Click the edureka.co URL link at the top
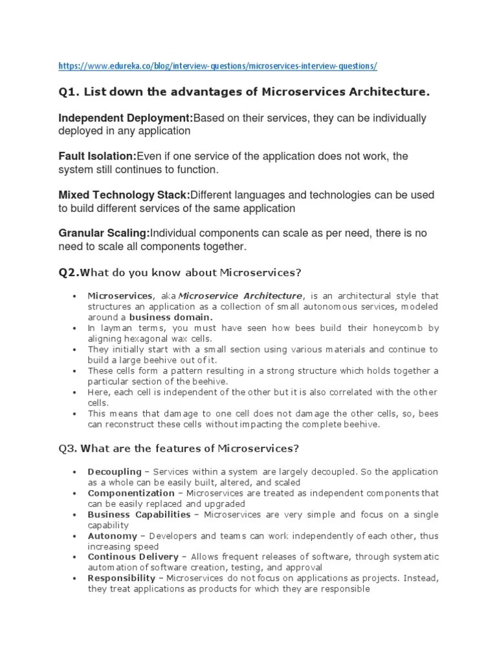pyautogui.click(x=217, y=66)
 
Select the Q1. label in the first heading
pyautogui.click(x=69, y=92)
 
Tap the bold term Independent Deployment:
pyautogui.click(x=126, y=118)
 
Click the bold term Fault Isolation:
pyautogui.click(x=98, y=156)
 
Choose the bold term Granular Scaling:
pyautogui.click(x=104, y=233)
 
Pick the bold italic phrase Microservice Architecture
pyautogui.click(x=240, y=295)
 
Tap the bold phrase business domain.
pyautogui.click(x=170, y=317)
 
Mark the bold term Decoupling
pyautogui.click(x=111, y=472)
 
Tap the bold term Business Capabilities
pyautogui.click(x=138, y=515)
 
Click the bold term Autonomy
pyautogui.click(x=112, y=536)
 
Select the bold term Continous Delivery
pyautogui.click(x=133, y=557)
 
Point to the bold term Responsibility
pyautogui.click(x=121, y=579)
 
